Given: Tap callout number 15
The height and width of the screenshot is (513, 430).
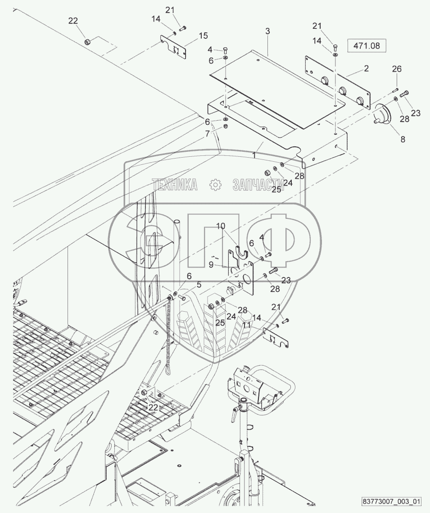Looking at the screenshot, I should (x=203, y=36).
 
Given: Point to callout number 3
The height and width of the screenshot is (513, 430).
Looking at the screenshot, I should (x=267, y=31).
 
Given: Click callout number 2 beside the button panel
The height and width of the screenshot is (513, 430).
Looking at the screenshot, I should (x=366, y=68).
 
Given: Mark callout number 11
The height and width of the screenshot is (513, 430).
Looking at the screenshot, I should (x=246, y=324).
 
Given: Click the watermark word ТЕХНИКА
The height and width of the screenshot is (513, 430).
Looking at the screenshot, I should (x=175, y=184).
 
